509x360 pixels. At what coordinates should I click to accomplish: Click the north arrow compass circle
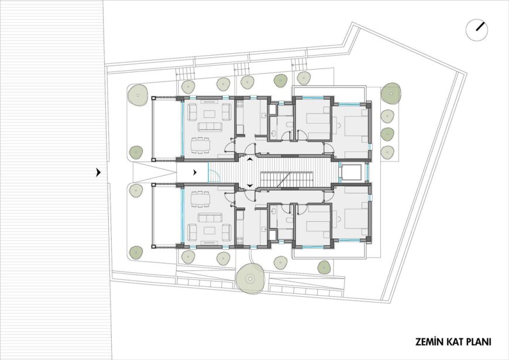477,30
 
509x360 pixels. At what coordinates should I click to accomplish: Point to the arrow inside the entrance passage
194,173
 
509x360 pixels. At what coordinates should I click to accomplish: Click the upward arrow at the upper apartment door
250,159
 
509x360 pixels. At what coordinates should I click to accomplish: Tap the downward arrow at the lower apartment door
250,186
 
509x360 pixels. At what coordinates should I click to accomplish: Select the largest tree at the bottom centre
250,278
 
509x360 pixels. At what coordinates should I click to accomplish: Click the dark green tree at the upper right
390,94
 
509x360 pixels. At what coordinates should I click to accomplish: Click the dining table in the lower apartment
199,199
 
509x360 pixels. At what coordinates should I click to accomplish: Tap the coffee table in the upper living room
209,114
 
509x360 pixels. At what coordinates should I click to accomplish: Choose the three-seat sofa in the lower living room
211,217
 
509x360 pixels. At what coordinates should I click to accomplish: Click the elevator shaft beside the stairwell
351,173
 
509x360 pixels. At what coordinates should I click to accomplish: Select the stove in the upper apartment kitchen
240,105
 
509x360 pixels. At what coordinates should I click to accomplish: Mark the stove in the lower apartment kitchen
240,240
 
